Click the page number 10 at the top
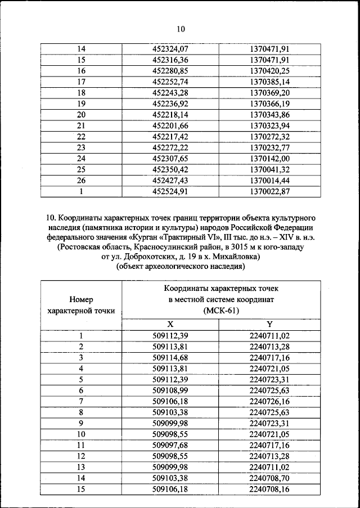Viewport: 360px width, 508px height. (x=180, y=29)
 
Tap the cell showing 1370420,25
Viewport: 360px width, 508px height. (x=269, y=71)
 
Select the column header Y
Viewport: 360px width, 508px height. (x=269, y=325)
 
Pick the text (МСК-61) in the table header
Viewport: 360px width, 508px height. (x=219, y=310)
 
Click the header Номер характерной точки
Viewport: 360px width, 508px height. (x=81, y=305)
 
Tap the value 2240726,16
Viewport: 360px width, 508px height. (x=269, y=401)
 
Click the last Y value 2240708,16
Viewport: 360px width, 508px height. (x=269, y=488)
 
